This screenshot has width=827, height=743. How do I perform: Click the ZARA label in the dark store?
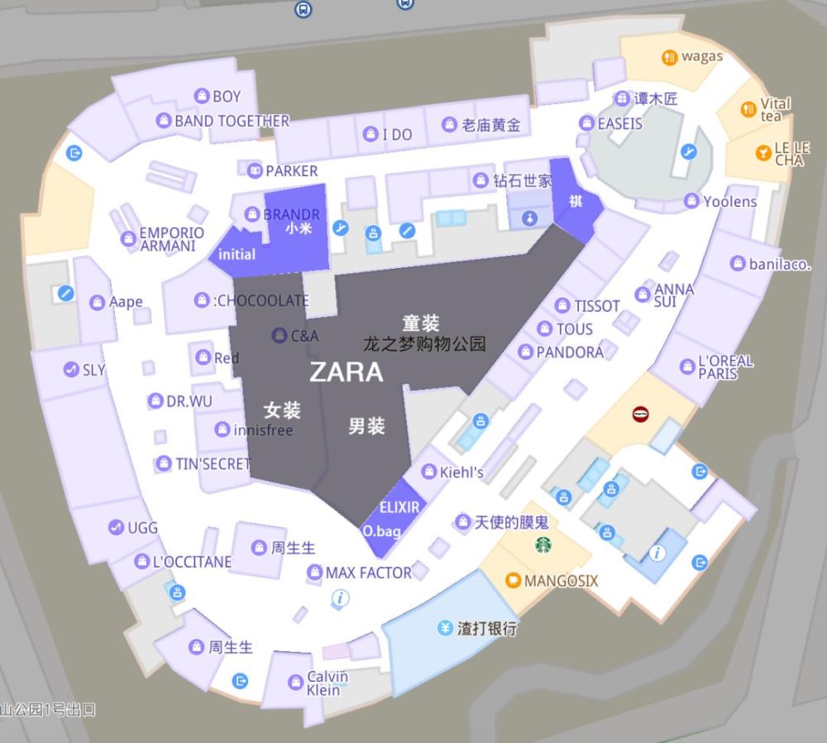click(x=346, y=372)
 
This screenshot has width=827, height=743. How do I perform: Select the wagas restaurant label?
click(x=701, y=56)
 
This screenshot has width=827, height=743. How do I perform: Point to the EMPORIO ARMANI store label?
click(x=171, y=239)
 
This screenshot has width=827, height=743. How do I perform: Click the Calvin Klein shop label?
click(x=327, y=683)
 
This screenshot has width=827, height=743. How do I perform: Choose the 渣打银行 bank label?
click(x=487, y=628)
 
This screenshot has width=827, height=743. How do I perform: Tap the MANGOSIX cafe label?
click(x=560, y=581)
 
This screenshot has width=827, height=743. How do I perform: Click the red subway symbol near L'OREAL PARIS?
click(x=640, y=414)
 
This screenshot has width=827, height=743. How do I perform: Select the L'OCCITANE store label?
click(x=191, y=562)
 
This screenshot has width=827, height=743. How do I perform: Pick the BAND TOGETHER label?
click(x=232, y=121)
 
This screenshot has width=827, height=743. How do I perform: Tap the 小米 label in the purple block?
click(x=299, y=229)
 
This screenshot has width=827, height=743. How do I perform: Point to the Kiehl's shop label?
click(x=461, y=472)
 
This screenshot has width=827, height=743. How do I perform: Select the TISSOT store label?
click(x=596, y=306)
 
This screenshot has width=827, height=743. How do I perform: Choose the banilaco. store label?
click(x=779, y=265)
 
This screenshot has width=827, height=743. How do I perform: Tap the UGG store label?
click(x=142, y=527)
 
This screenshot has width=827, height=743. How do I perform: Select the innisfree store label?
click(x=262, y=430)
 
